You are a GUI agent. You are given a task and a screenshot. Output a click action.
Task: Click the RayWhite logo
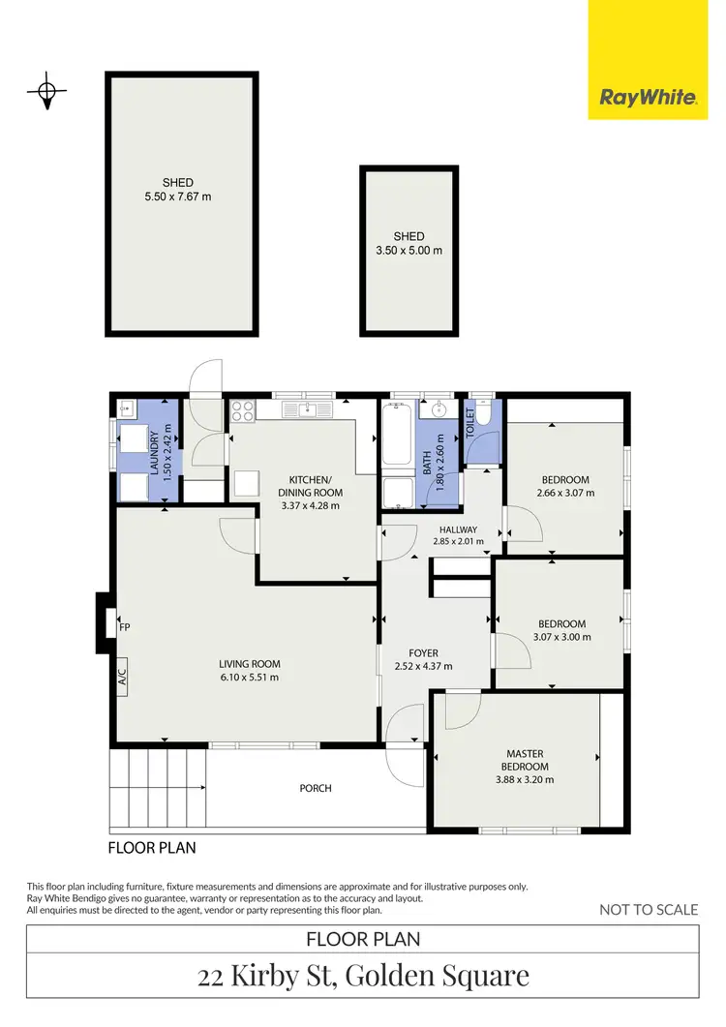click(x=648, y=97)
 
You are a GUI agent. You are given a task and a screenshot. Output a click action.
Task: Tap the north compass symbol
click(x=45, y=93)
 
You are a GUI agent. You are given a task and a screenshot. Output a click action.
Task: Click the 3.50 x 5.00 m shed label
click(x=408, y=251)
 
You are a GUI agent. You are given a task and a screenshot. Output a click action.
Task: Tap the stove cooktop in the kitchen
click(x=241, y=411)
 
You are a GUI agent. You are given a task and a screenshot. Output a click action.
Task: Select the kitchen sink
click(x=310, y=410)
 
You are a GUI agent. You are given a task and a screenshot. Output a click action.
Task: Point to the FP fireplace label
click(x=124, y=627)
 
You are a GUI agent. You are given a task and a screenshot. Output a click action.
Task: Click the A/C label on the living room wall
click(x=123, y=677)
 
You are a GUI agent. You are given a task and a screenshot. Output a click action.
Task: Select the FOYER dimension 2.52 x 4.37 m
click(x=424, y=667)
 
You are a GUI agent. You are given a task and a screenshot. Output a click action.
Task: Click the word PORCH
click(x=316, y=788)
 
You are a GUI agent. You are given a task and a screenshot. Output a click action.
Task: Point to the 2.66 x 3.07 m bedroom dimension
click(x=565, y=493)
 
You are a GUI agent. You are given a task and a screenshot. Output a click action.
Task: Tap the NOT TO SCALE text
click(x=649, y=909)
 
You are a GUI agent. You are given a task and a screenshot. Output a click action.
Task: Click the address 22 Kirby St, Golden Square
click(x=363, y=975)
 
